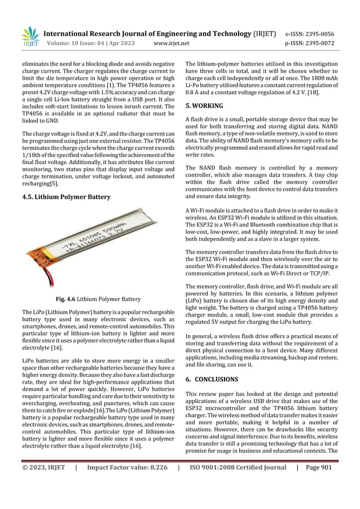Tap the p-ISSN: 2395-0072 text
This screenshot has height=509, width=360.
click(x=310, y=43)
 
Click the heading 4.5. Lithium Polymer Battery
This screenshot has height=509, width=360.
click(x=66, y=197)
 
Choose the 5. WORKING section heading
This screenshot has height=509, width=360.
click(x=204, y=106)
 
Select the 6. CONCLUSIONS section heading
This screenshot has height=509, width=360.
click(x=212, y=379)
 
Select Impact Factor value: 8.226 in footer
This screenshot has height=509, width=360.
click(x=127, y=467)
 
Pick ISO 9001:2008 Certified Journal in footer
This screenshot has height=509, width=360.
click(x=237, y=467)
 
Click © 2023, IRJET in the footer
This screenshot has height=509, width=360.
click(x=44, y=467)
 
